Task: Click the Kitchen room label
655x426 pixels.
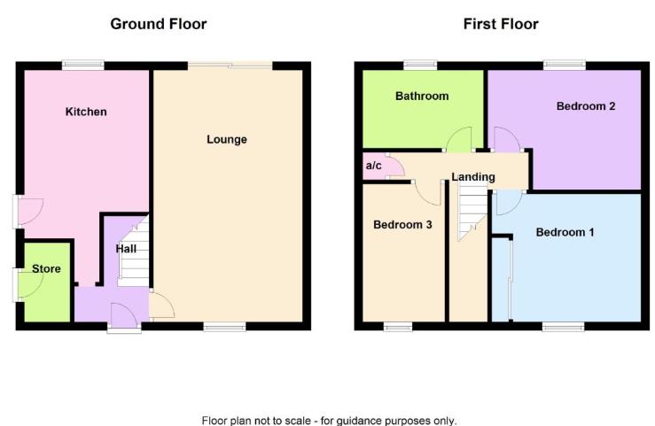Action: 86,112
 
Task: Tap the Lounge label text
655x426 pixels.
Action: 227,139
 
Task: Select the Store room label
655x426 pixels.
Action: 46,268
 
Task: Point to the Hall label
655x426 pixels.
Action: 126,249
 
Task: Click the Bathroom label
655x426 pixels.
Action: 422,96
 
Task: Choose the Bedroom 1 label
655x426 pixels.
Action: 565,233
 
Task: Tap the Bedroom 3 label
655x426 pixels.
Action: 402,225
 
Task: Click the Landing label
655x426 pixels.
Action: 473,177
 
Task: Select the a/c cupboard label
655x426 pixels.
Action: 373,166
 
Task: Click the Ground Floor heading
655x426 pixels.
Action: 159,24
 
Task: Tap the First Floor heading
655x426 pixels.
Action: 501,24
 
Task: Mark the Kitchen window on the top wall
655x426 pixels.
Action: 83,64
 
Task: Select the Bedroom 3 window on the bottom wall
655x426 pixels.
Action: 398,326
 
